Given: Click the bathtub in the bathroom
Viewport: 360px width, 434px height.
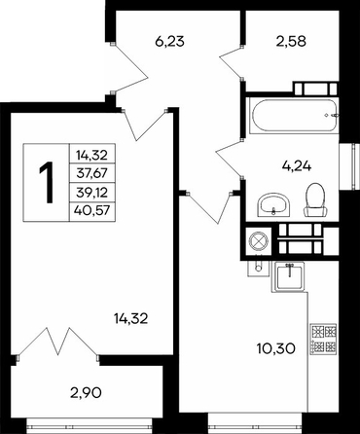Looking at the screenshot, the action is [295, 115].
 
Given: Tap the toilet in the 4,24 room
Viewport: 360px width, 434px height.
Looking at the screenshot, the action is [314, 199].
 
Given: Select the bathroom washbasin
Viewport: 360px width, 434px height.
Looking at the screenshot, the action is [274, 204].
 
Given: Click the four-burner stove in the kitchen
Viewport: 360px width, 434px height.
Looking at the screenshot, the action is [323, 339].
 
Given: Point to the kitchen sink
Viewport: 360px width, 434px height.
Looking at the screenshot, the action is [289, 276].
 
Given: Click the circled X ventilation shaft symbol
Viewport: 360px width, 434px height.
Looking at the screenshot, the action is [258, 240].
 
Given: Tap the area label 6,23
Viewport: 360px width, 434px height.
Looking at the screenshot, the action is [169, 42].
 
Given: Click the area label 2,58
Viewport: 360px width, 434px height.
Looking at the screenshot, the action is [291, 42].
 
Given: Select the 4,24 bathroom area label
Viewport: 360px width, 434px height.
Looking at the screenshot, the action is [297, 166].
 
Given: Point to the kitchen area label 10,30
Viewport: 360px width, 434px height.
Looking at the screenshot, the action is [276, 348].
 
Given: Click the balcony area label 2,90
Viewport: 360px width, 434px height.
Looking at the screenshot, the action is [86, 393].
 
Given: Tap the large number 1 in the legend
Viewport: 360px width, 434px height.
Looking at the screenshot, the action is [47, 183].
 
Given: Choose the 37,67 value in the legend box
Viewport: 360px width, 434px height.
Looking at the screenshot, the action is [91, 173].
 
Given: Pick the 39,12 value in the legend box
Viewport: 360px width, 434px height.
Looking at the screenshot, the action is [91, 193].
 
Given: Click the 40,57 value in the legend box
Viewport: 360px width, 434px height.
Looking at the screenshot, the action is [91, 211].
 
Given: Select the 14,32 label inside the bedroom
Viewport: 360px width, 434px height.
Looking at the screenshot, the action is [131, 319].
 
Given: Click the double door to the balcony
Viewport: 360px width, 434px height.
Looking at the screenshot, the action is [58, 343].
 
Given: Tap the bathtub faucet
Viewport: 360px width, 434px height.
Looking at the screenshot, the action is [332, 115].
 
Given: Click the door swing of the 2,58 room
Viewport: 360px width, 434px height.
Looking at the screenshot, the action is [231, 62].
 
